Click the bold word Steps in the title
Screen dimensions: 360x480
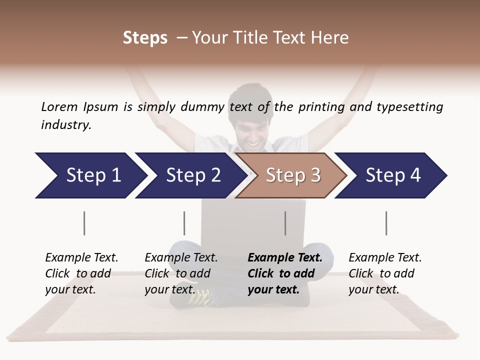coord(145,38)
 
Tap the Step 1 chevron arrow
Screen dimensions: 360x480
coord(90,175)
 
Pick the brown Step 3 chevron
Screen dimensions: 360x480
coord(291,175)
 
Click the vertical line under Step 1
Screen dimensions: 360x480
coord(84,223)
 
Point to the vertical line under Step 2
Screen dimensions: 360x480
coord(184,223)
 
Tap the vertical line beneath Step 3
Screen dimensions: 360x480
coord(285,223)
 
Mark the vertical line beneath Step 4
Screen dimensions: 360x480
coord(386,223)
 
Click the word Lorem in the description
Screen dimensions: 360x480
coord(59,107)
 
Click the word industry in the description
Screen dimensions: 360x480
coord(66,125)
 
